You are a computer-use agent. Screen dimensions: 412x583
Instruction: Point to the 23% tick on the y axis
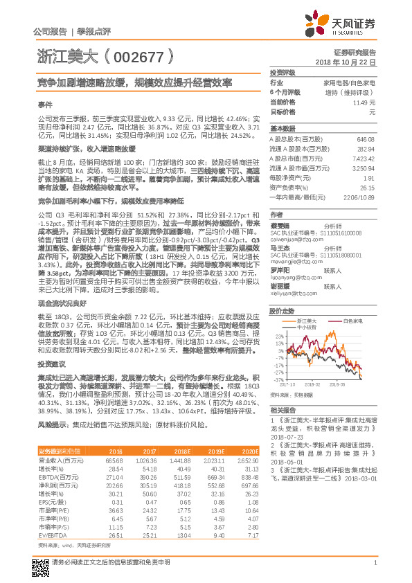[x=279, y=336]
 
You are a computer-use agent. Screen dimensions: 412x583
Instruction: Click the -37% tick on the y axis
[x=278, y=380]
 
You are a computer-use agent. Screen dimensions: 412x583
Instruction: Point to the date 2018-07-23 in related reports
[x=287, y=438]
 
